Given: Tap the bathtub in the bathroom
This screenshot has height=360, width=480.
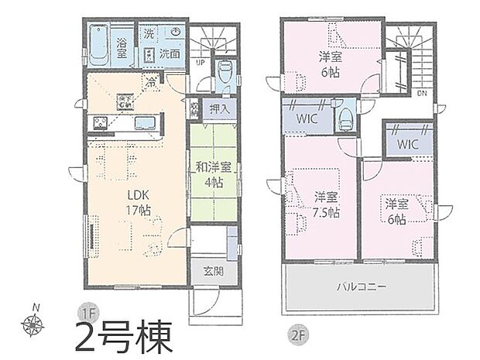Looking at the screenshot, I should [x=99, y=46].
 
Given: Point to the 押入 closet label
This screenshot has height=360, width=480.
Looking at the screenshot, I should [x=219, y=110].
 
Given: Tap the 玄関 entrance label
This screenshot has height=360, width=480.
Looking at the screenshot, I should [x=214, y=271].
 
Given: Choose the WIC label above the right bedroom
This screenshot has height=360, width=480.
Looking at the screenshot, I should [x=409, y=144].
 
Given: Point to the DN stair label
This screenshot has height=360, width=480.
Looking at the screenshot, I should [x=422, y=92].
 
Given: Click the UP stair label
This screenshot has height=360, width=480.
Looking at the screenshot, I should [x=201, y=63].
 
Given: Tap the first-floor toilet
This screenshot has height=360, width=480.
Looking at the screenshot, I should [x=225, y=74].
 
